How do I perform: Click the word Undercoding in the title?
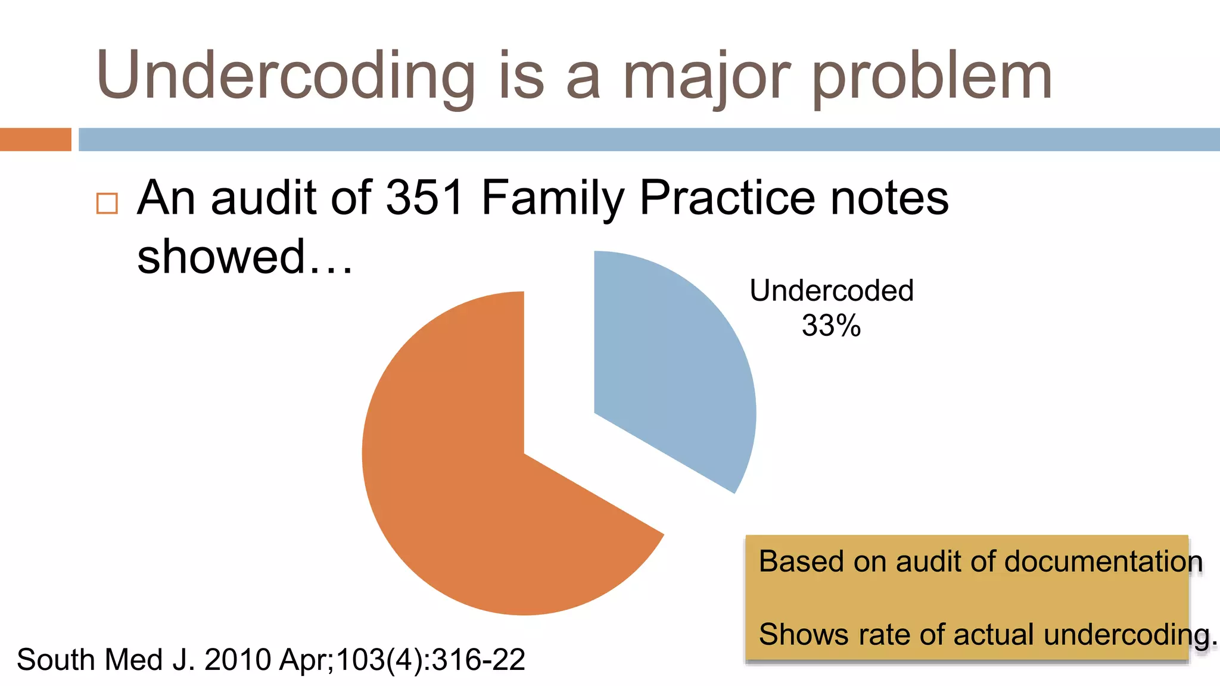point(286,76)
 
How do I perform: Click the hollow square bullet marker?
point(107,203)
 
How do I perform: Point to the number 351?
point(425,198)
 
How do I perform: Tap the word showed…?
point(245,257)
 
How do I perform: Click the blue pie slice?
point(667,369)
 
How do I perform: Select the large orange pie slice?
point(477,488)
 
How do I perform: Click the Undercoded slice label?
point(831,291)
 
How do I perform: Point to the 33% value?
point(831,326)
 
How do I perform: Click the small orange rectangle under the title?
point(36,139)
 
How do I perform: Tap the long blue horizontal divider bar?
point(649,139)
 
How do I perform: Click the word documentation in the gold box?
point(1103,562)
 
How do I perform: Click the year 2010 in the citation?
point(238,660)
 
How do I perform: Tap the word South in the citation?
point(55,660)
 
